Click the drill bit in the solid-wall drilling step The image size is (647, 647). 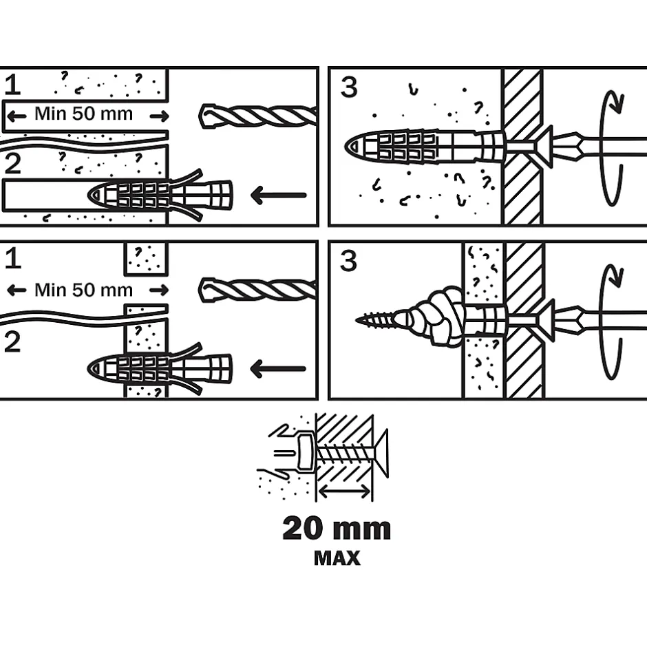[x=258, y=116]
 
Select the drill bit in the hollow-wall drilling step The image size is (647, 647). [x=258, y=290]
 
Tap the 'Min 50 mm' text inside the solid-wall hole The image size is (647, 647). [x=84, y=114]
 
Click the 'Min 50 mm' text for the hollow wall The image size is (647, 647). [x=84, y=290]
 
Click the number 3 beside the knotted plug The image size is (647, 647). [x=349, y=261]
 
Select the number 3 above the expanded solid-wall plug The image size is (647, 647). [x=349, y=87]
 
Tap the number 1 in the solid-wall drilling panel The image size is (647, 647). [x=12, y=85]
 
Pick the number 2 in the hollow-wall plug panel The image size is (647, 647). [x=12, y=341]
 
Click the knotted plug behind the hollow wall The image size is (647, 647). [x=429, y=316]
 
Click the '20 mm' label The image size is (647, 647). [x=337, y=528]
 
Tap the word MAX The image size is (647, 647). [x=337, y=558]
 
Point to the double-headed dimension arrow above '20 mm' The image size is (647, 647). [x=345, y=491]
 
